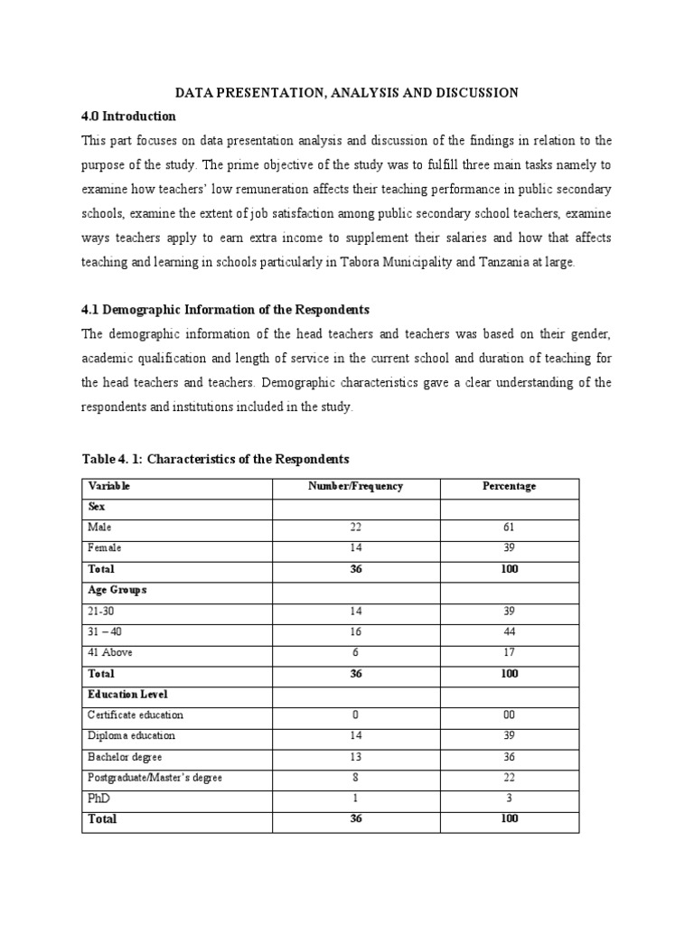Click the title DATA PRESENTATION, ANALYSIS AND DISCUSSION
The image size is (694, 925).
click(x=346, y=92)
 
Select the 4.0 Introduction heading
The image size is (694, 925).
click(x=128, y=117)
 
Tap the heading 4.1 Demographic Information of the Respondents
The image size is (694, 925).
click(x=225, y=310)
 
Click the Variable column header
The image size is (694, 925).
click(x=109, y=486)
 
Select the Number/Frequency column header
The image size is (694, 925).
click(x=355, y=486)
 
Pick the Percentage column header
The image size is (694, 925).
click(x=509, y=486)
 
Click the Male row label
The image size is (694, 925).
click(x=99, y=527)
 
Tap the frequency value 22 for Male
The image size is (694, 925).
click(x=355, y=527)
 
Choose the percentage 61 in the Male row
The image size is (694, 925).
click(x=509, y=527)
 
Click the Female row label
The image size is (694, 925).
click(x=103, y=547)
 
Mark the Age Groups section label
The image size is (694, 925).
click(x=117, y=589)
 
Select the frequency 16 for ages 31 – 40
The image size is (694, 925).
click(x=355, y=631)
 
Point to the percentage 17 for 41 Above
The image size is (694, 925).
click(x=509, y=652)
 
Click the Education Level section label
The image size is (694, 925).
click(x=127, y=694)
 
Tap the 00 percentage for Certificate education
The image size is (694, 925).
click(x=509, y=715)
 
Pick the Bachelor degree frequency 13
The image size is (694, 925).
click(x=355, y=757)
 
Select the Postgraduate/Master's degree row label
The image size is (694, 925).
click(x=155, y=778)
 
